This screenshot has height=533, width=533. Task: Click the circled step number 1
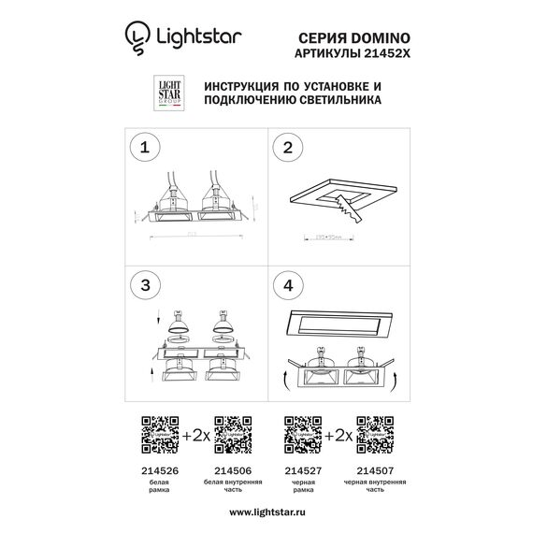pyautogui.click(x=146, y=149)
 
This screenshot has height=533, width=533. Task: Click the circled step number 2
pyautogui.click(x=289, y=149)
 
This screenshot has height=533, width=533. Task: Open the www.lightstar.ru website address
pyautogui.click(x=266, y=511)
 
